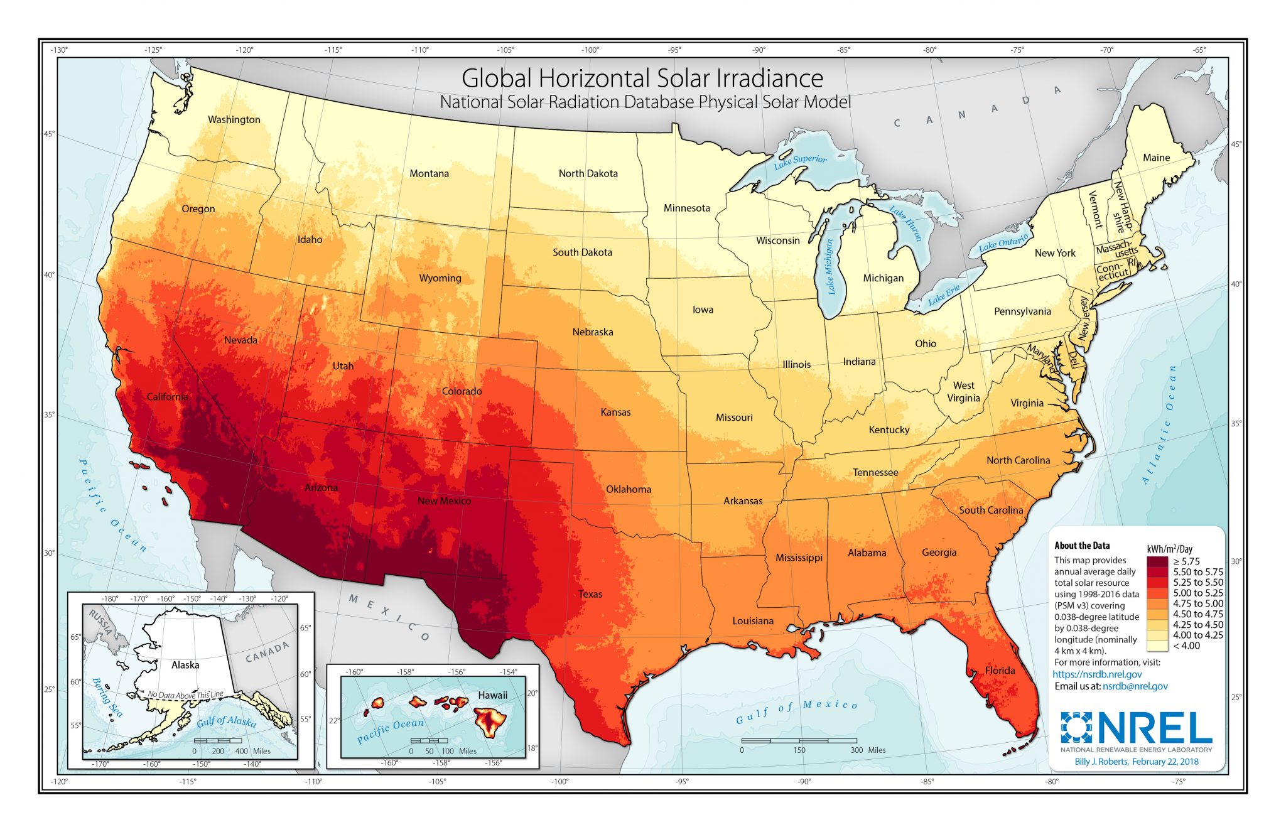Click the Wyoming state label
440,278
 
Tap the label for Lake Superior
800,161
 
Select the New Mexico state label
444,500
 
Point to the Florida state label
1000,670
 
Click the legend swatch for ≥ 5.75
1157,561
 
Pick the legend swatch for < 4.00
1157,646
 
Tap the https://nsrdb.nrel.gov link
1097,674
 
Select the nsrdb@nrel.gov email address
1135,686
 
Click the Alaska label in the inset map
185,664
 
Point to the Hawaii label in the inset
492,694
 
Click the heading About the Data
1082,546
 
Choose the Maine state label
1156,158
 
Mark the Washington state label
234,119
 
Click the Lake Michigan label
830,266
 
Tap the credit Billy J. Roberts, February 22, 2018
1136,761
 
